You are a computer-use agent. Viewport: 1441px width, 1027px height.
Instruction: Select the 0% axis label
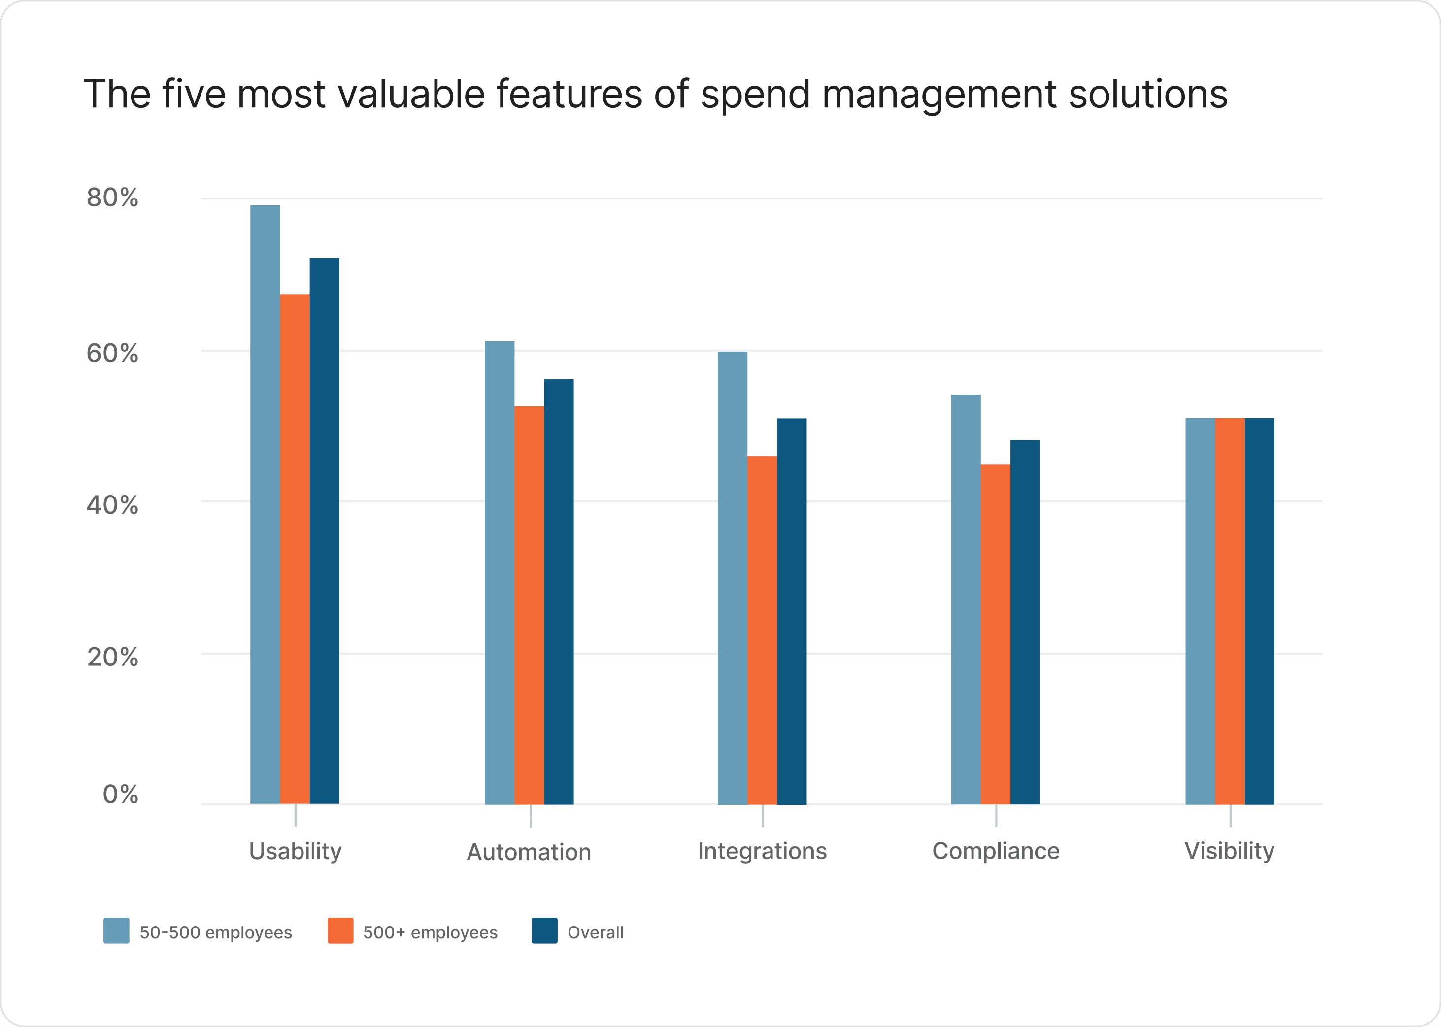pos(120,795)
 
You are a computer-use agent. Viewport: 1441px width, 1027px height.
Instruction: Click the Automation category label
pos(529,852)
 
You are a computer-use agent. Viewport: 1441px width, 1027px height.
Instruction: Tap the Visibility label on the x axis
pos(1229,851)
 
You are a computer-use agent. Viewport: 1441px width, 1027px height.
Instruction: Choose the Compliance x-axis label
pos(996,851)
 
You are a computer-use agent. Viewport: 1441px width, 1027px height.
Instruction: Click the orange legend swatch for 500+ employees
pos(340,930)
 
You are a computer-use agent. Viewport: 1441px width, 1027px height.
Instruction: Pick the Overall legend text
pos(595,932)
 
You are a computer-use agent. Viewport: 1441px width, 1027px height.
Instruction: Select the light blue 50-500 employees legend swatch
pos(116,930)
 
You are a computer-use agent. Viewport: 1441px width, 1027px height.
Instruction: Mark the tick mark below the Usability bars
pos(296,815)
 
